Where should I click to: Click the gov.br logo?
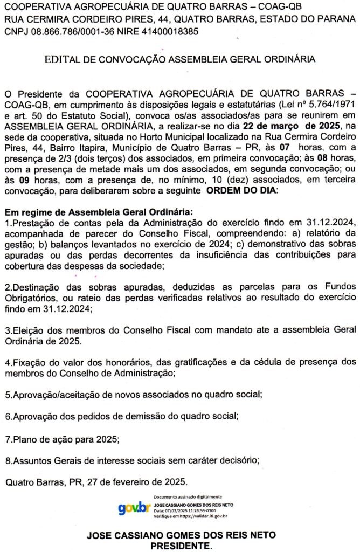tap(134, 508)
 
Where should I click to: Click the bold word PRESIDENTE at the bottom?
tap(181, 546)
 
